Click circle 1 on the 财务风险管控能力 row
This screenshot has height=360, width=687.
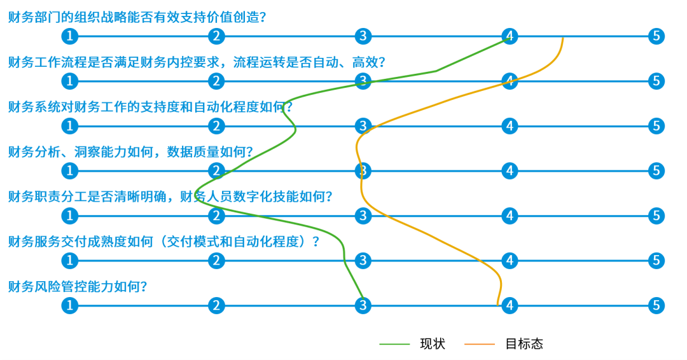pyautogui.click(x=70, y=305)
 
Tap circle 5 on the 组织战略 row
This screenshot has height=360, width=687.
pyautogui.click(x=656, y=36)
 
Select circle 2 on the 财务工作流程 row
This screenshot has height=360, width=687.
pyautogui.click(x=216, y=81)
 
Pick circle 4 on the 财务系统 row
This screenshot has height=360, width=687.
pyautogui.click(x=510, y=126)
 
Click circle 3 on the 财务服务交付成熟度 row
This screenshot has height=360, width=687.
pyautogui.click(x=363, y=261)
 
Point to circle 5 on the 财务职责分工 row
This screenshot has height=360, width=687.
pyautogui.click(x=656, y=216)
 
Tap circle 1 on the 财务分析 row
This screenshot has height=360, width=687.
pyautogui.click(x=70, y=171)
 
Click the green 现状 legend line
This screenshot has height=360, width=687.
pyautogui.click(x=394, y=344)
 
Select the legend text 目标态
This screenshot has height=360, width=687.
pyautogui.click(x=524, y=344)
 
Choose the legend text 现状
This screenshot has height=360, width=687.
pyautogui.click(x=433, y=344)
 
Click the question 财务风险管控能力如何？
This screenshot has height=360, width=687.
pyautogui.click(x=78, y=287)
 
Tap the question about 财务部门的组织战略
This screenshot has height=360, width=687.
pyautogui.click(x=137, y=18)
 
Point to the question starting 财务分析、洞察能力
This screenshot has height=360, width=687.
pyautogui.click(x=130, y=152)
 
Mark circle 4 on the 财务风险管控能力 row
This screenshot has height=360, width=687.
pyautogui.click(x=510, y=305)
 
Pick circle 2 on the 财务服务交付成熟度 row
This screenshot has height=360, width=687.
pyautogui.click(x=216, y=261)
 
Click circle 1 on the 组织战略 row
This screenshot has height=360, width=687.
pyautogui.click(x=70, y=36)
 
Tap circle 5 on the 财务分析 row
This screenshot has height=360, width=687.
pyautogui.click(x=656, y=171)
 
